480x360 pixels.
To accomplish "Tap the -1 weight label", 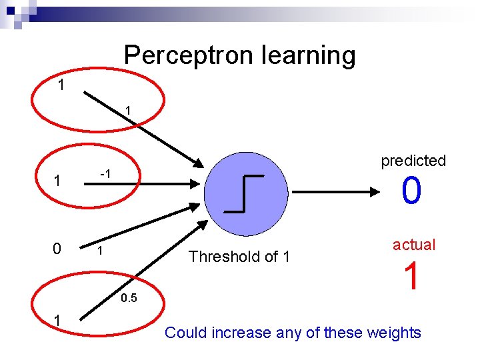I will click(x=105, y=173).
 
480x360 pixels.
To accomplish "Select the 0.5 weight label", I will click(x=129, y=298).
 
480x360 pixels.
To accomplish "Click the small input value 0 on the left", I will click(x=57, y=249).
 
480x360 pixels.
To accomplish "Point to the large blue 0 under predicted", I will click(x=411, y=191).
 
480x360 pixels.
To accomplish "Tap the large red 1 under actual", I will click(x=413, y=276).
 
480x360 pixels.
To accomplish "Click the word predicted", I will click(x=413, y=161).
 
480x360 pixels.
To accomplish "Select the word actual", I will click(x=414, y=245).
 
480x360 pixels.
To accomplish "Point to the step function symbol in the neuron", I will click(x=244, y=193).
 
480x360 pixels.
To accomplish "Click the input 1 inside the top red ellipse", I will click(x=61, y=85).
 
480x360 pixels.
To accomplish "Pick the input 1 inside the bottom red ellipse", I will click(x=58, y=321).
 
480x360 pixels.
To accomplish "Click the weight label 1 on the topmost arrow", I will click(x=129, y=109).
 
